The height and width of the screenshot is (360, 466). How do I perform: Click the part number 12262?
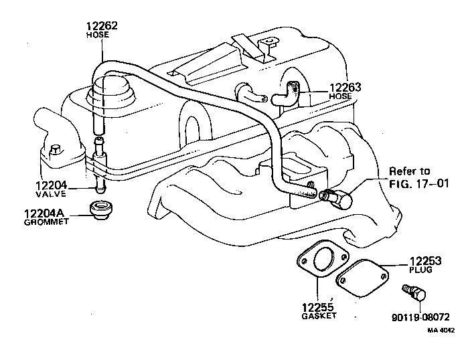point(101,26)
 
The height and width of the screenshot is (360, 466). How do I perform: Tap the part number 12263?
point(345,86)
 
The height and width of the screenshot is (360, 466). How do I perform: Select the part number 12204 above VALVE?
point(52,184)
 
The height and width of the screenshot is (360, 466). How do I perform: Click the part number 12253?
point(425,262)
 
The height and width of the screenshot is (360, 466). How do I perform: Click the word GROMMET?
point(46,222)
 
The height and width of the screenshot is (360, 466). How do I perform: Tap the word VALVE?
point(52,193)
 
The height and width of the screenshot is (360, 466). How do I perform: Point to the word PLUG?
point(421,271)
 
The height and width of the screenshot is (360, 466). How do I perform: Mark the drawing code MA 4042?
point(442,329)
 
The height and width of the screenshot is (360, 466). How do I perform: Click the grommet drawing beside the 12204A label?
point(102,208)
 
